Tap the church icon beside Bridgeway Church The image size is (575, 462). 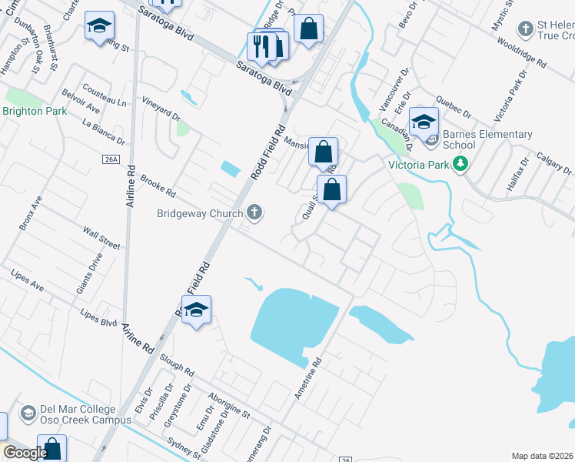point(254,213)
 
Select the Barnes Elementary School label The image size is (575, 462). point(487,139)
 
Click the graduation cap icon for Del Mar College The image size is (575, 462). point(28,413)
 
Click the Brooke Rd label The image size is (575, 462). point(158,182)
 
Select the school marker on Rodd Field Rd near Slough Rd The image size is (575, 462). point(197,310)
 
